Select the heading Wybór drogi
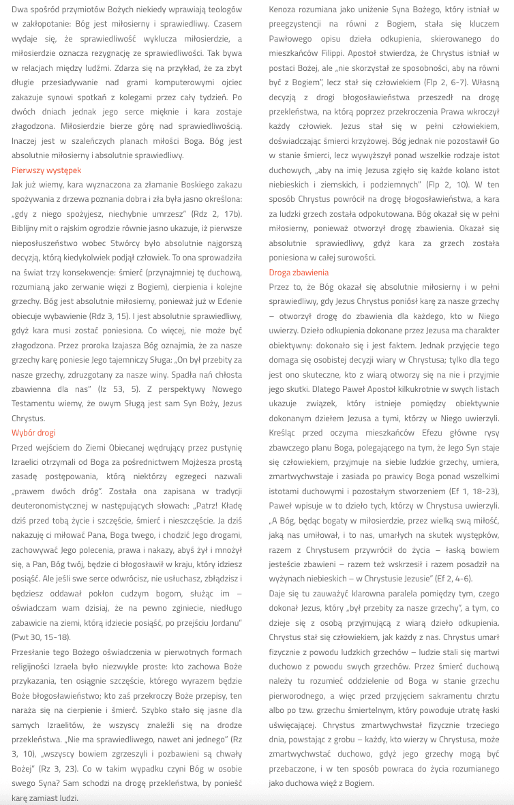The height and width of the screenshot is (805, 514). (33, 433)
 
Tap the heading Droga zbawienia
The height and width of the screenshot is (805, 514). (299, 273)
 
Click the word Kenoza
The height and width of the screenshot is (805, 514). (285, 10)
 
